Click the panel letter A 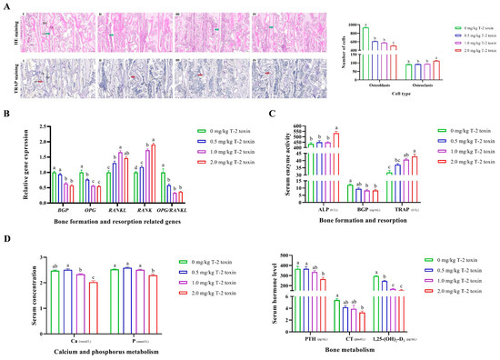click(5, 5)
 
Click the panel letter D click(5, 240)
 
